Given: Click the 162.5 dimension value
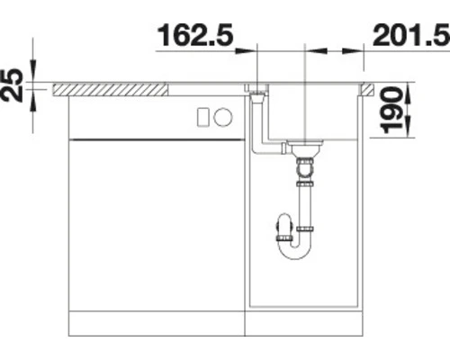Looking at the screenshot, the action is click(195, 35).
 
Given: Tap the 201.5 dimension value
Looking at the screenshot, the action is click(411, 35).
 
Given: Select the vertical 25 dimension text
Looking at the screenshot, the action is click(12, 85).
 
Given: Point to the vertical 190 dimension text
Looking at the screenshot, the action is click(391, 110).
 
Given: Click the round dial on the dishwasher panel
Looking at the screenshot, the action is click(223, 117).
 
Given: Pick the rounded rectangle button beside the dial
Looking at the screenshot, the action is click(202, 117).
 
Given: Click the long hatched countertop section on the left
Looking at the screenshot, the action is click(110, 90).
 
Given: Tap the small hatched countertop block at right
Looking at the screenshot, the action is click(367, 90).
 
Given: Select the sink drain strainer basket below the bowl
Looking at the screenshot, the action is click(304, 148).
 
